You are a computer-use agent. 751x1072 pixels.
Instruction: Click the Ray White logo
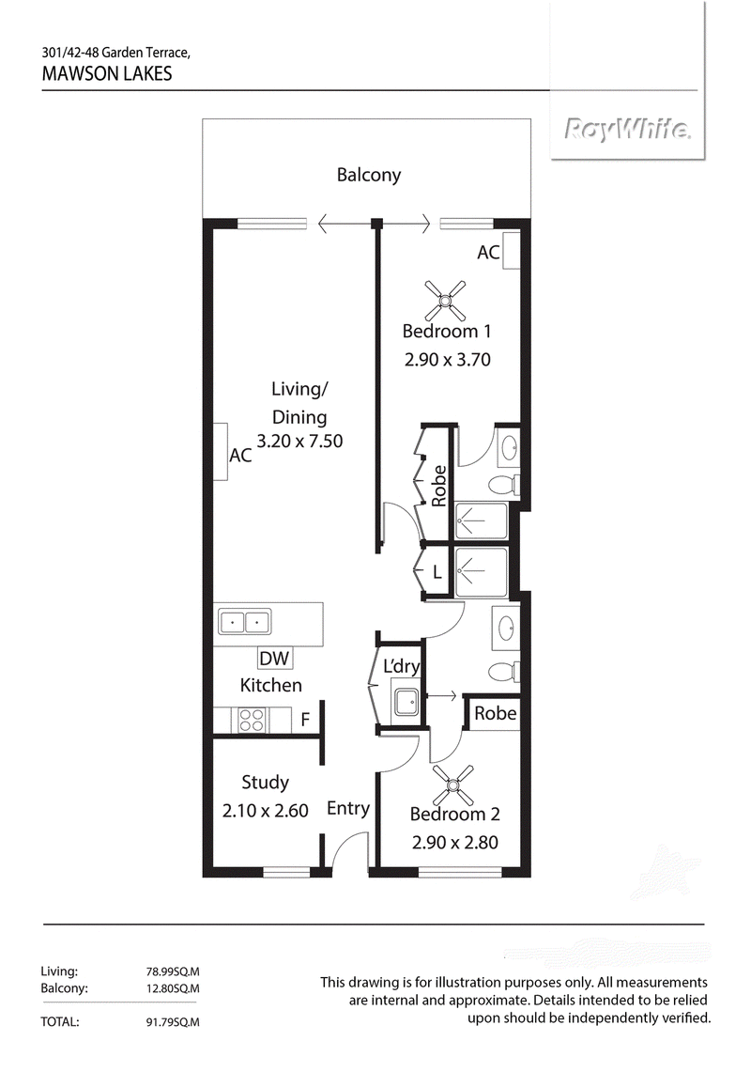point(627,129)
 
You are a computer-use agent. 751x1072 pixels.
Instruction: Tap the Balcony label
point(368,175)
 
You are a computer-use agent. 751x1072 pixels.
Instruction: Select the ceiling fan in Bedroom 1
point(445,300)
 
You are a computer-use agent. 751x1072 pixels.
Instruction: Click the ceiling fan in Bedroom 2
point(453,785)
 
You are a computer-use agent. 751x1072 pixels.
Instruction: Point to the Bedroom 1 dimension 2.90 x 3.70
point(448,360)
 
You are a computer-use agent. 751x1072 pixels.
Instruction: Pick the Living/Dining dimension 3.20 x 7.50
point(300,441)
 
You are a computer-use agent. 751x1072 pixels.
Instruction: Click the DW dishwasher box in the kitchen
point(274,659)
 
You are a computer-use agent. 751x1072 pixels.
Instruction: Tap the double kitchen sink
point(245,623)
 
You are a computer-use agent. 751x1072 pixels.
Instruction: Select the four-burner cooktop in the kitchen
point(251,720)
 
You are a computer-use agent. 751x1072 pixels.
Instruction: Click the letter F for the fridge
point(305,720)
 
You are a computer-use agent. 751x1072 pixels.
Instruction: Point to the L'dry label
point(401,666)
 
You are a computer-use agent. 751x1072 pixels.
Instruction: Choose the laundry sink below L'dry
point(406,700)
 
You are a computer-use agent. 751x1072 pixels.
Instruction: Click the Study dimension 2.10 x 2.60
point(266,811)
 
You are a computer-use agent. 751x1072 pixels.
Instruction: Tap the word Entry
point(348,809)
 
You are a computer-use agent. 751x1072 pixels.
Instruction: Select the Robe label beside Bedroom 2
point(496,713)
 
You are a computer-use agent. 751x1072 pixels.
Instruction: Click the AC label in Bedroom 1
point(488,253)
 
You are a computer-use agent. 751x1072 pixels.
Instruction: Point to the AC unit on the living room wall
point(220,452)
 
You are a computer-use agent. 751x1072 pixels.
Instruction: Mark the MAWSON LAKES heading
point(107,74)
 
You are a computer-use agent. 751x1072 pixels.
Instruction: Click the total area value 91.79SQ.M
point(168,1023)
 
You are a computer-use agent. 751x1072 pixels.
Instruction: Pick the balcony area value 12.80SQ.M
point(168,988)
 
